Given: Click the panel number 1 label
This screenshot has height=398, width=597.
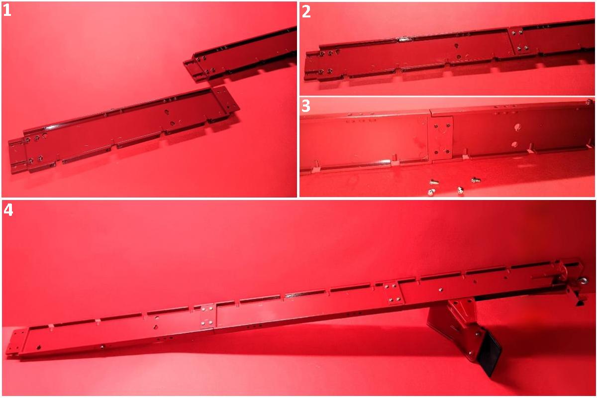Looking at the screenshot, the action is [7, 10].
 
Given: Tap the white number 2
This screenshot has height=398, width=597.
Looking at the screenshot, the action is [306, 12].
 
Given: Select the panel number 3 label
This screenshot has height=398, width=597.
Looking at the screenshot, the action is [305, 106].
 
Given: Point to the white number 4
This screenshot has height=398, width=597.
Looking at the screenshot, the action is [8, 210].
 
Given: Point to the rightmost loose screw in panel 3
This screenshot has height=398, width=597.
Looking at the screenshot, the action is [476, 180].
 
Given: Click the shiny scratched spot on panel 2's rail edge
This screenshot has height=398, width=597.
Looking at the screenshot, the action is [404, 39].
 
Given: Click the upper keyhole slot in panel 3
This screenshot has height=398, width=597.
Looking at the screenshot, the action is [517, 127].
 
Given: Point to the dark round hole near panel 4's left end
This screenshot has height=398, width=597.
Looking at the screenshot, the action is [39, 347].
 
